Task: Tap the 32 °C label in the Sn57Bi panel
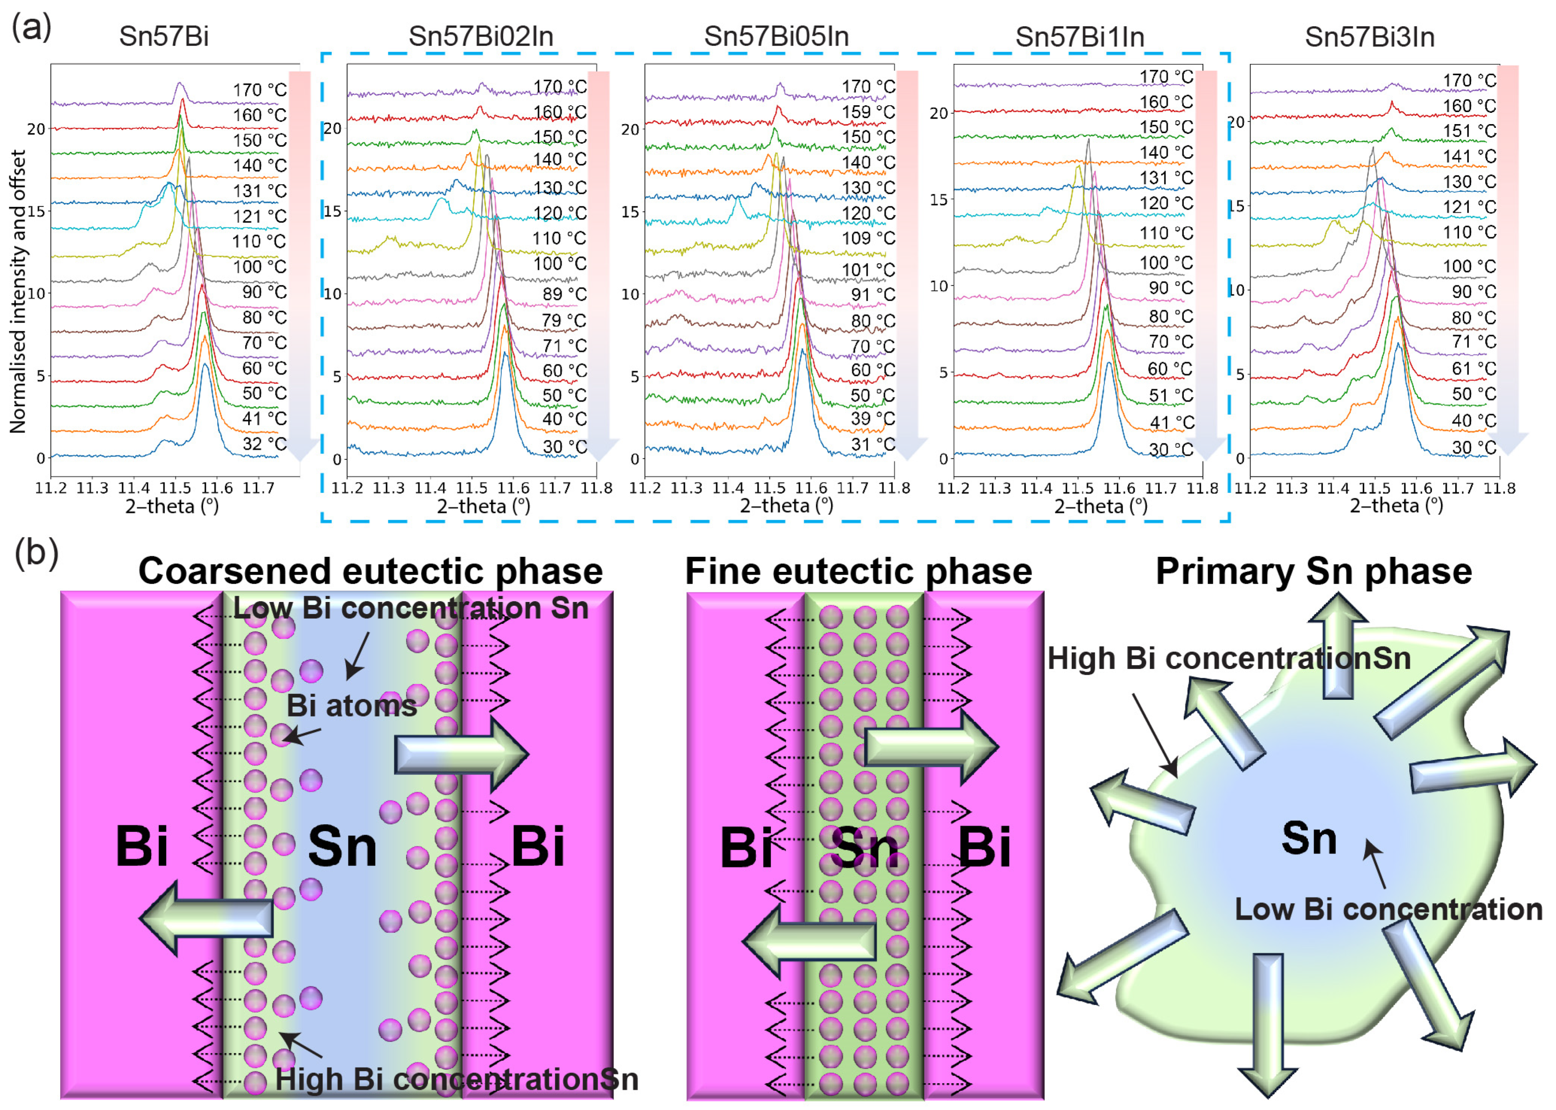(x=264, y=444)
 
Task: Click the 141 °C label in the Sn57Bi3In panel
(x=1469, y=156)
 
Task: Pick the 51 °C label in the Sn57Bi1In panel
(x=1170, y=395)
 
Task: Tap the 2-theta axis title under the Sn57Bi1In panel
(x=1100, y=506)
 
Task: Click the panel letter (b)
(x=36, y=553)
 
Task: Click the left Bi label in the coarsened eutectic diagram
(x=142, y=846)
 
